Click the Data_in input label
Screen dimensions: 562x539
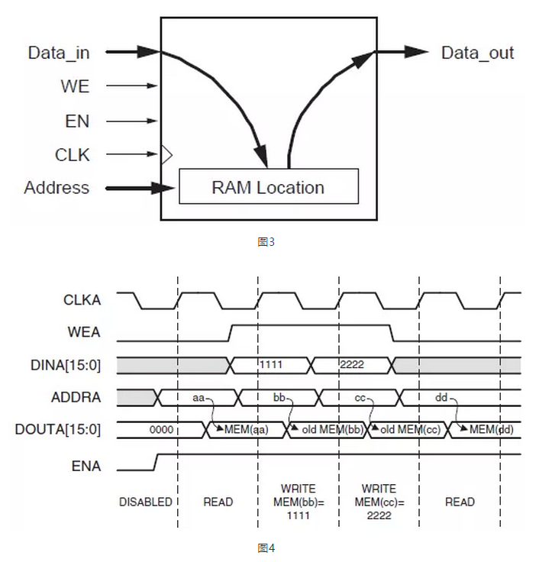pos(59,53)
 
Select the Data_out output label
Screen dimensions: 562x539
pos(477,53)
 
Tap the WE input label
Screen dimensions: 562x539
pos(75,86)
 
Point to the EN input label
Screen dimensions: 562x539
pos(76,121)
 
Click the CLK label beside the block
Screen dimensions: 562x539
pos(73,155)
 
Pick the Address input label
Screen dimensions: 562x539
pos(56,188)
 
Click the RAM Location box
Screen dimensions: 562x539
pos(268,188)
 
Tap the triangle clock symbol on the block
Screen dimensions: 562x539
pos(166,155)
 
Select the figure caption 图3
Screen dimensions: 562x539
pos(266,242)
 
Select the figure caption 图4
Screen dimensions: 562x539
pos(266,547)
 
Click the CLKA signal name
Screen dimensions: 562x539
pos(82,300)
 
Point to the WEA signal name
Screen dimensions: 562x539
pos(85,332)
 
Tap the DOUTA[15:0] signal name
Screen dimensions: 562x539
pos(58,430)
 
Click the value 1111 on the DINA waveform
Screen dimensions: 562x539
pos(271,365)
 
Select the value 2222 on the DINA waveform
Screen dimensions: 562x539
pos(352,365)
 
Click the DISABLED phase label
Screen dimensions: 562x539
pos(146,502)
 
